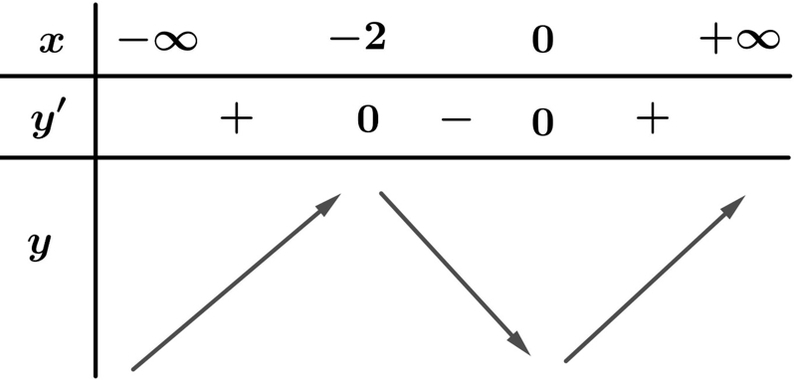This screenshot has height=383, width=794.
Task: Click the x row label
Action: click(52, 43)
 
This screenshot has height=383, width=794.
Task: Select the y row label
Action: click(40, 248)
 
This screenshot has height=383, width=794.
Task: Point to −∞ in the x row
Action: click(157, 41)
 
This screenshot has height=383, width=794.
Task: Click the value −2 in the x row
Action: click(357, 39)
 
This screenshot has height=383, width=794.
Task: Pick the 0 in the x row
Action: click(542, 40)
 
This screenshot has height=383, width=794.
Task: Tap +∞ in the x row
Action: click(739, 41)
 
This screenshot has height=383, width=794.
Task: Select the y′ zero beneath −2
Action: click(368, 120)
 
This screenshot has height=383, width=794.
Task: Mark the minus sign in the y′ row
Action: click(456, 119)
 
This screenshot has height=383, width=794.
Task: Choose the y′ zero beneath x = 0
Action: click(542, 123)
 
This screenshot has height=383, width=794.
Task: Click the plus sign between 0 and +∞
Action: click(653, 118)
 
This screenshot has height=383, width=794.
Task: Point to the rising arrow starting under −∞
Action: click(236, 282)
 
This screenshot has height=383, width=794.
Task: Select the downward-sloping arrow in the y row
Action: click(455, 273)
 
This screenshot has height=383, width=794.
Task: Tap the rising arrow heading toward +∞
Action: click(655, 279)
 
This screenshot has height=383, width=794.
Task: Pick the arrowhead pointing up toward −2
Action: click(329, 203)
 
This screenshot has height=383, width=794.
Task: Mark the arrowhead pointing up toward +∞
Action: click(733, 206)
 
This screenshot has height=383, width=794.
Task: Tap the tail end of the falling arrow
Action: click(381, 193)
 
